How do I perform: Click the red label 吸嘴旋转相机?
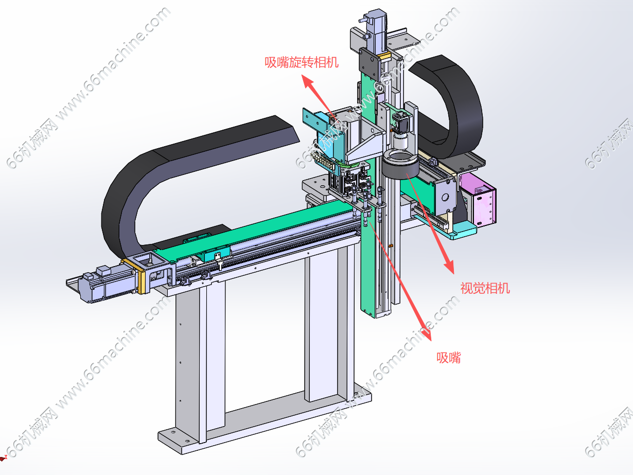pyautogui.click(x=302, y=62)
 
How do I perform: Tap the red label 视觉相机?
pyautogui.click(x=485, y=288)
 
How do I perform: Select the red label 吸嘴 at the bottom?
pyautogui.click(x=448, y=358)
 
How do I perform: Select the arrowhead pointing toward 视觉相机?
pyautogui.click(x=449, y=266)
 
